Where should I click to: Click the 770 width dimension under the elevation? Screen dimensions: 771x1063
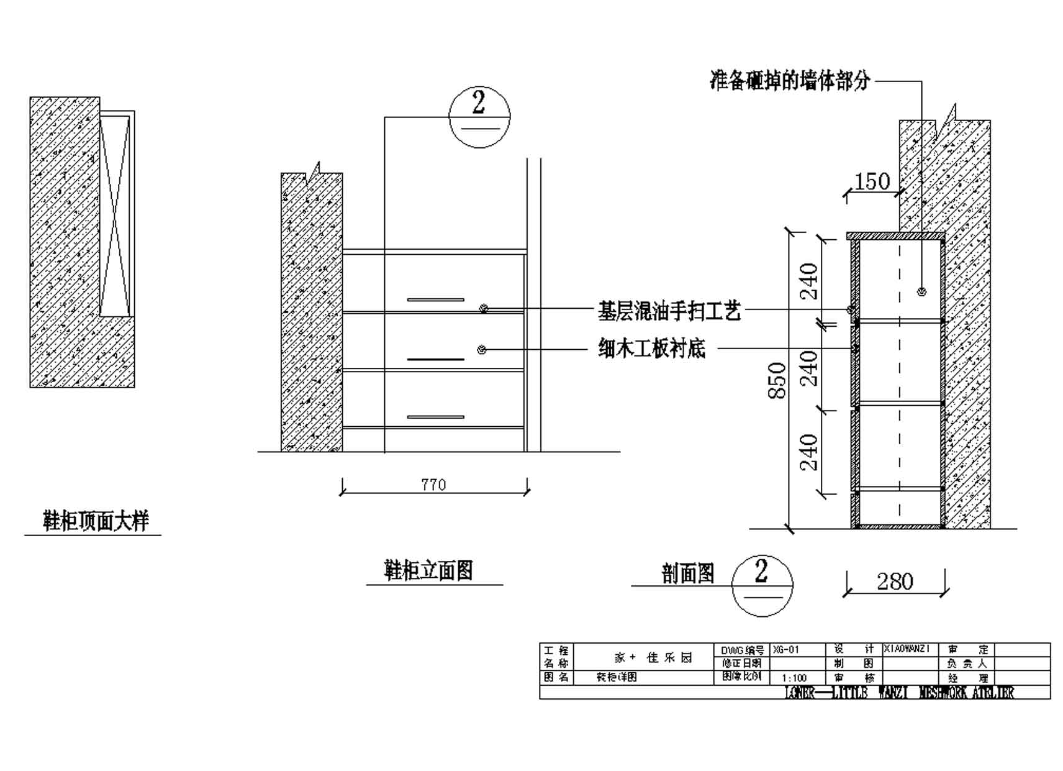[433, 485]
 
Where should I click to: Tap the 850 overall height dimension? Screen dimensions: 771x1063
[777, 380]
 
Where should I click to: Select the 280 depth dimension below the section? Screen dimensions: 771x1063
[895, 582]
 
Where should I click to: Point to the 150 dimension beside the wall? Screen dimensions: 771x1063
[872, 181]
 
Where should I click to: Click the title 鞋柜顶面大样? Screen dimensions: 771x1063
[96, 521]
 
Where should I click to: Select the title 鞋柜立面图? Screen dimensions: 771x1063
[428, 570]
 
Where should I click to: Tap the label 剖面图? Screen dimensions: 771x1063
[687, 573]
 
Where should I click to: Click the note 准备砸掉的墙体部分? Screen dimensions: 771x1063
[790, 81]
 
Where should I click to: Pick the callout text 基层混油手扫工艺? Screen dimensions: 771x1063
[669, 310]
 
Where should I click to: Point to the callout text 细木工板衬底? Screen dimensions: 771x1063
[652, 349]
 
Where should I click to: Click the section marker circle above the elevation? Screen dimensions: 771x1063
[479, 117]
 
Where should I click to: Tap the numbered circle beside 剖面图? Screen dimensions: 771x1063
[762, 585]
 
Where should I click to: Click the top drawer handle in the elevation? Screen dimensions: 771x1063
[435, 300]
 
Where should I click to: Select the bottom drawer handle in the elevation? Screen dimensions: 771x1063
[435, 417]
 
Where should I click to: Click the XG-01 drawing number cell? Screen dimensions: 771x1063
[797, 650]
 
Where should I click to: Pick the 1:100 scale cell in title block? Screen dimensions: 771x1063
[795, 678]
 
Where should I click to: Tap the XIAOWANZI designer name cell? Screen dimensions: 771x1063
[907, 649]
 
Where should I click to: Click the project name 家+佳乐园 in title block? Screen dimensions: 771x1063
[653, 657]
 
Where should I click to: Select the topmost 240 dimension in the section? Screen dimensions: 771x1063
[809, 281]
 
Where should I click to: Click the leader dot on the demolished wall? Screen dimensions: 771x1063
[921, 292]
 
